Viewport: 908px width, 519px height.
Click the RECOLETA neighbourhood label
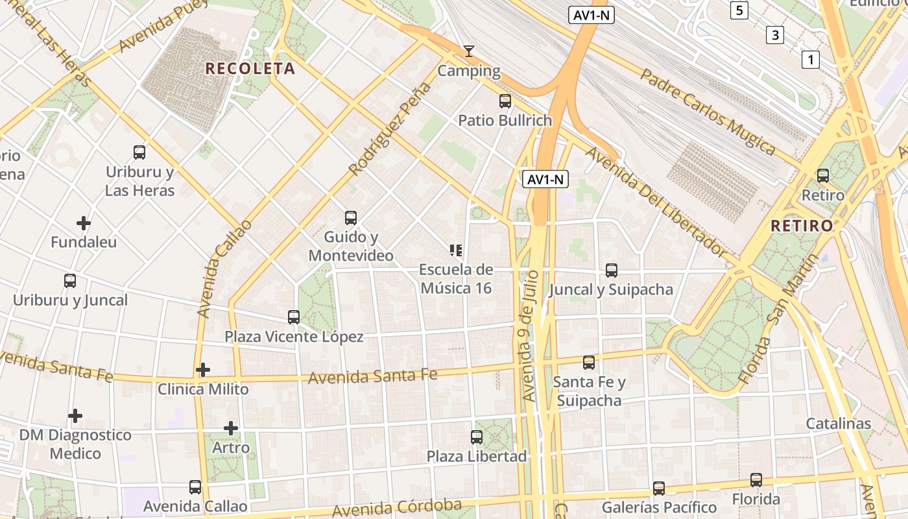pos(250,68)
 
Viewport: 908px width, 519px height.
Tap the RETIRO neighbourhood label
pos(802,226)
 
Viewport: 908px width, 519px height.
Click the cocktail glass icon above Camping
pos(469,51)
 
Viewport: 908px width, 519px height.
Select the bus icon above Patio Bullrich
pos(505,101)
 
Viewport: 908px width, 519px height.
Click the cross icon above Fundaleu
pos(84,223)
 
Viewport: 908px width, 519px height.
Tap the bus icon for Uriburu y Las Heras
pos(139,152)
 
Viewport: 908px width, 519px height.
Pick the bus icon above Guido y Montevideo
pos(351,217)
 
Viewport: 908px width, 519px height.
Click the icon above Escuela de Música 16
pos(456,250)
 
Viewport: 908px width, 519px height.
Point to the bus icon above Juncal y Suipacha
pos(611,271)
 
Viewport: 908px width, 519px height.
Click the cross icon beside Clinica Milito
pos(203,370)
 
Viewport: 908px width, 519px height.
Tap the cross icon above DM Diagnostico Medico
pos(75,415)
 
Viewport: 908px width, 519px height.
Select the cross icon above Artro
pos(231,428)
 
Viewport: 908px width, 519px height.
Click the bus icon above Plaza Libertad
pos(477,437)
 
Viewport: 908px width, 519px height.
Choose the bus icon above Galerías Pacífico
pos(659,488)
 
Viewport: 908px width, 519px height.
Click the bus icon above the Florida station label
pos(756,480)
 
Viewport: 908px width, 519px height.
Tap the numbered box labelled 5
pos(739,10)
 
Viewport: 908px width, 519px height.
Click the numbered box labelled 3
pos(774,34)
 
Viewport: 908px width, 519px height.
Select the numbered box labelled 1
pos(810,60)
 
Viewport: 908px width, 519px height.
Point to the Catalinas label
pos(839,424)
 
